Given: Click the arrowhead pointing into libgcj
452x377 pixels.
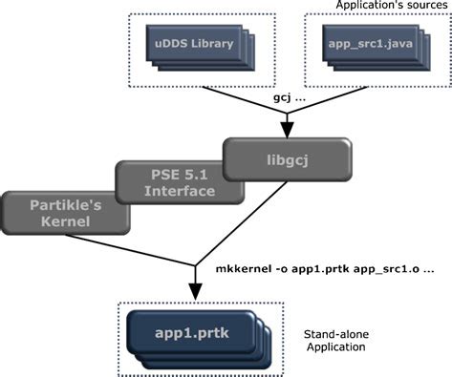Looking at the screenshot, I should click(x=287, y=131).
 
